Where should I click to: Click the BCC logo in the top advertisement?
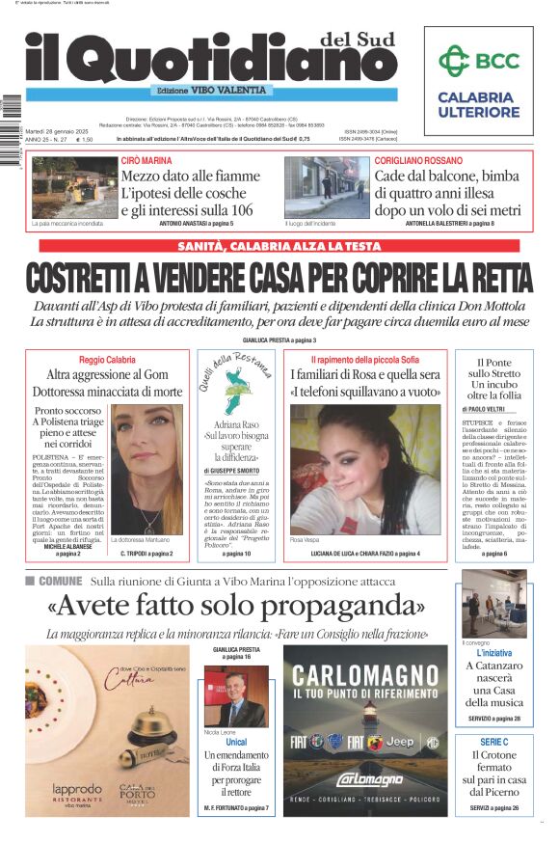478,62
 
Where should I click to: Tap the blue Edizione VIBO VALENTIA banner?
211,90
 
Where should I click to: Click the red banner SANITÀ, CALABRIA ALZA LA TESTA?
279,246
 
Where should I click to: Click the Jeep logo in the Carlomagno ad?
401,741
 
